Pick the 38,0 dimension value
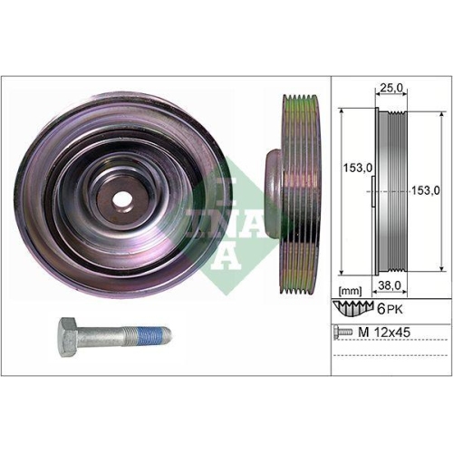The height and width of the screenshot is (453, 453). click(391, 284)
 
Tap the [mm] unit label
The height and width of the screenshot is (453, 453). click(349, 290)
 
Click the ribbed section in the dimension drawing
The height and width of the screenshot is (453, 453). click(394, 190)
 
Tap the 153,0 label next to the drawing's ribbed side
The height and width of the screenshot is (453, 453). click(426, 189)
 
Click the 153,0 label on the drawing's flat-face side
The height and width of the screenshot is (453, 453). click(352, 169)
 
